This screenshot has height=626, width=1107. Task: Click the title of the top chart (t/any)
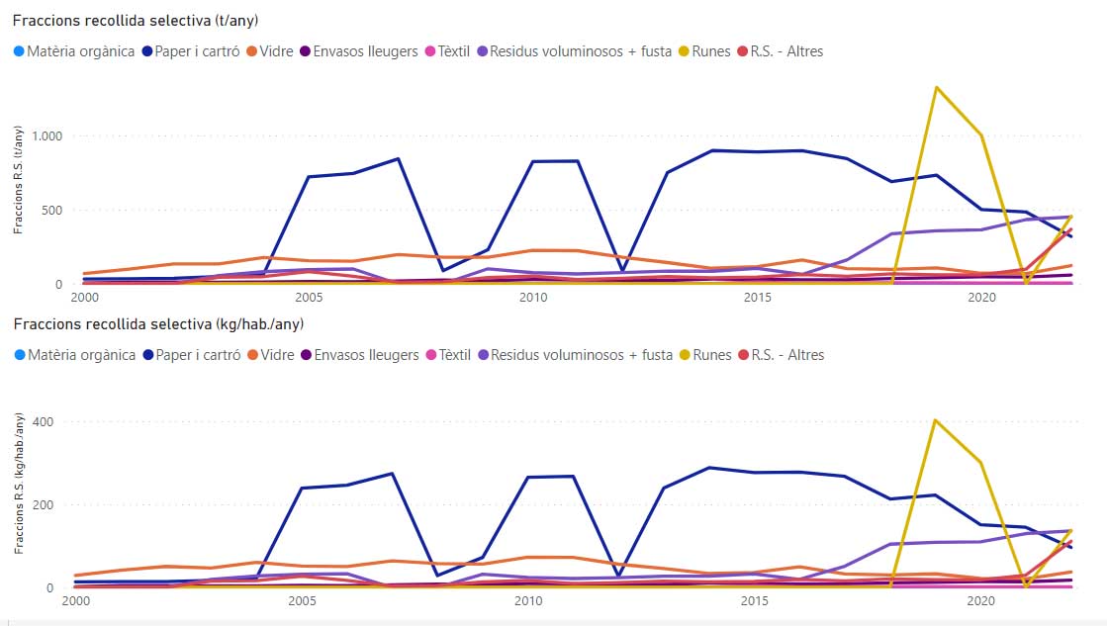pos(138,20)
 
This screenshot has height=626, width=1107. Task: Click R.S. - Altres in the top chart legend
pos(787,50)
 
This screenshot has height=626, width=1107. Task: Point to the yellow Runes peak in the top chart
pos(936,88)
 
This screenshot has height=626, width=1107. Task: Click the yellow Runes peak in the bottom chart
pos(936,420)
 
